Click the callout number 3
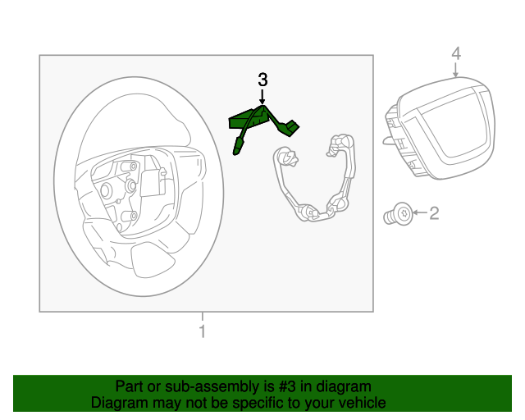[x=262, y=80]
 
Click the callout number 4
[x=456, y=54]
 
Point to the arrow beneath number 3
[x=262, y=98]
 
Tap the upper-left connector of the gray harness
[x=285, y=155]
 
